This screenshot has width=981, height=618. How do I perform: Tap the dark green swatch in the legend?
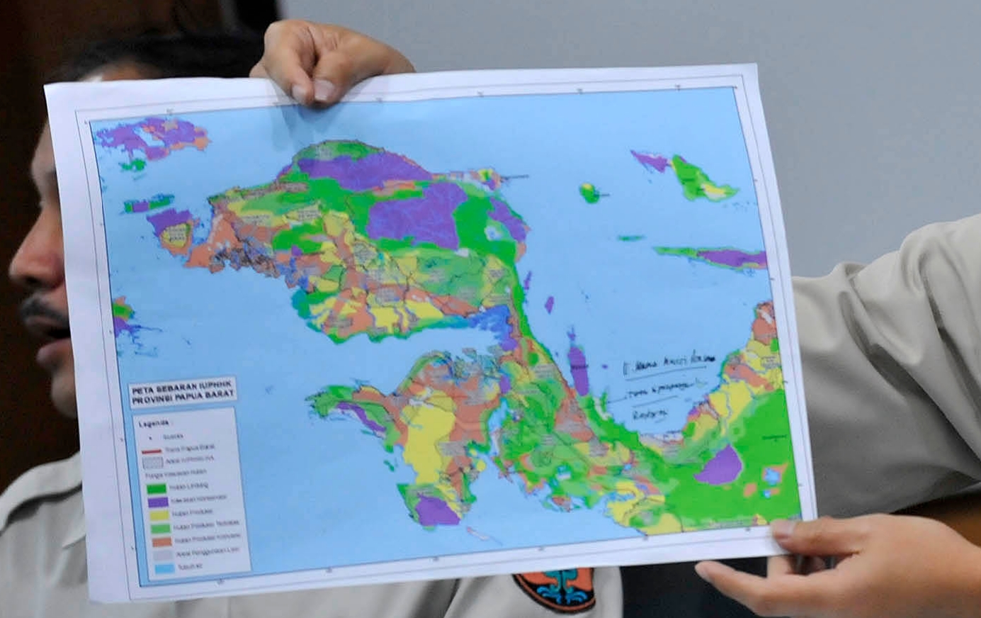[157, 488]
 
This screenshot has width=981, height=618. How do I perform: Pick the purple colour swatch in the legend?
[158, 500]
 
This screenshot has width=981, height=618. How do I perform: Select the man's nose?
[32, 262]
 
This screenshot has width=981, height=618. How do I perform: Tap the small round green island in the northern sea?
[589, 191]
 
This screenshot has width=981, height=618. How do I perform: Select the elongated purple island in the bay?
[579, 369]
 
